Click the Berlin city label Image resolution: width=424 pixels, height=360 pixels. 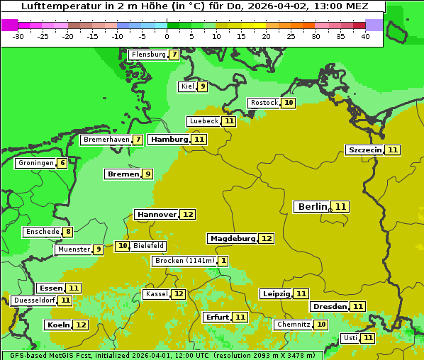click(x=313, y=207)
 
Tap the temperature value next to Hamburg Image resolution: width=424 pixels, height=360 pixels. click(x=199, y=140)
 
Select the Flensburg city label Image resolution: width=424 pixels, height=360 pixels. click(x=148, y=55)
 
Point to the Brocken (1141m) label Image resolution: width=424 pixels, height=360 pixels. click(x=184, y=261)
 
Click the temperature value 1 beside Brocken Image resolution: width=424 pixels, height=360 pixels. click(x=223, y=261)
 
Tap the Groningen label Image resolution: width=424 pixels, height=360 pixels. click(x=36, y=163)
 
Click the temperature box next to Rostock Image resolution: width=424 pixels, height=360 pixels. click(x=288, y=103)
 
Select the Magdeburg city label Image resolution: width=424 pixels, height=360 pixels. click(x=232, y=238)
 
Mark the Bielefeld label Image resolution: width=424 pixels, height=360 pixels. click(x=148, y=246)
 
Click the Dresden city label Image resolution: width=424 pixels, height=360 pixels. click(x=329, y=307)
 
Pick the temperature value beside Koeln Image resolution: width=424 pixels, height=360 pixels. click(x=81, y=325)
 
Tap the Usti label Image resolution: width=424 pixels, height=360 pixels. click(x=350, y=338)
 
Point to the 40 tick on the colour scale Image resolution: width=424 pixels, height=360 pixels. click(x=365, y=36)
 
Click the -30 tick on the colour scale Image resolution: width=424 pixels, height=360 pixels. click(x=18, y=36)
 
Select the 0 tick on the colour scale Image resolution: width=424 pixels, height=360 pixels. click(x=167, y=36)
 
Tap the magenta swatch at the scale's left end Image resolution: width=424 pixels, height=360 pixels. click(x=9, y=25)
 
